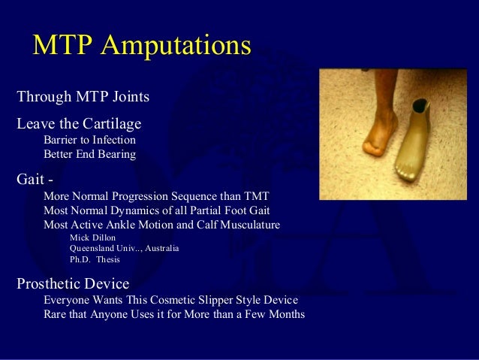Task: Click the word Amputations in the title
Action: [x=176, y=46]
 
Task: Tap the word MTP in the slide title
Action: [x=64, y=46]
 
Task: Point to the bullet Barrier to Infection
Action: [x=89, y=140]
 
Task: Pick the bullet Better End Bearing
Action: [x=89, y=155]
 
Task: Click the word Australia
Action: [x=158, y=248]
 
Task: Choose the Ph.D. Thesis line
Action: [x=94, y=259]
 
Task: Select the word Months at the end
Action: [x=285, y=314]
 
